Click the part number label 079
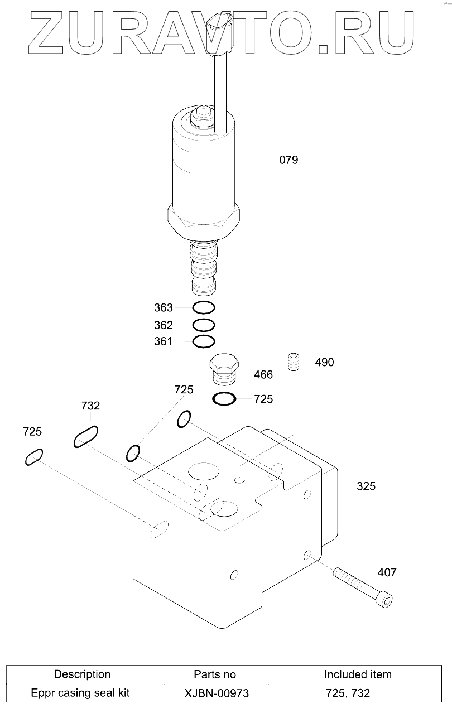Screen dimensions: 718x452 [288, 160]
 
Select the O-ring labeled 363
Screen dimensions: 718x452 [203, 307]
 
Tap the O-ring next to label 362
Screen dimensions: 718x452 [203, 325]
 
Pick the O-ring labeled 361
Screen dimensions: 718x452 [203, 341]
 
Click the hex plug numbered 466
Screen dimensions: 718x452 [224, 369]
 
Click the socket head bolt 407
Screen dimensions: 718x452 [362, 587]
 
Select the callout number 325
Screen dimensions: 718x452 [366, 486]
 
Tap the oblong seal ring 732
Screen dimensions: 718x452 [86, 436]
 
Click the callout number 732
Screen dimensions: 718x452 [90, 406]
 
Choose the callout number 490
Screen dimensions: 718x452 [324, 362]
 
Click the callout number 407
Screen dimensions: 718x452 [387, 572]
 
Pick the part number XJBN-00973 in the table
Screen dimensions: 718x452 [217, 693]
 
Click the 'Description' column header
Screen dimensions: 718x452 [82, 674]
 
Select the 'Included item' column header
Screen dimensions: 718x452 [358, 674]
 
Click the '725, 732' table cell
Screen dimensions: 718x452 [348, 693]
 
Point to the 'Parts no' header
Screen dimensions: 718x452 [215, 674]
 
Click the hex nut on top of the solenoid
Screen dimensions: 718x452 [199, 117]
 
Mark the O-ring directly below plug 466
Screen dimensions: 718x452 [224, 399]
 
